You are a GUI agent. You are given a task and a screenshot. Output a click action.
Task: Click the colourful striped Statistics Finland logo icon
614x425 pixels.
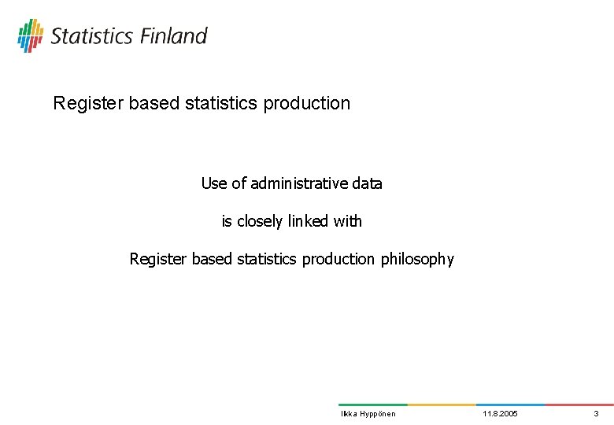coord(30,35)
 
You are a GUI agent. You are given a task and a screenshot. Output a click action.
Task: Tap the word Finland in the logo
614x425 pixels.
coord(174,36)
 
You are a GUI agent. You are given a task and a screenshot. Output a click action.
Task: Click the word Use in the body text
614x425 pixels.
coord(213,183)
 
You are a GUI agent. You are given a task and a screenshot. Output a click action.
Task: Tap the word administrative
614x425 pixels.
coord(298,183)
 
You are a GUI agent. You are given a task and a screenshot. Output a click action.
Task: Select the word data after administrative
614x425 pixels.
coord(366,183)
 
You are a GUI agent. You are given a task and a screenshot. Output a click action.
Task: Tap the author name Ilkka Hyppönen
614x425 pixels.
coord(368,414)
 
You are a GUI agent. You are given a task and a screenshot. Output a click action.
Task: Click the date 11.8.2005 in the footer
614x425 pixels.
coord(500,414)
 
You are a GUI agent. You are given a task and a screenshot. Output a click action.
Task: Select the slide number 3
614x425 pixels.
coord(596,414)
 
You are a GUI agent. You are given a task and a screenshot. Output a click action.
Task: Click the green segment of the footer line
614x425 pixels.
coord(372,405)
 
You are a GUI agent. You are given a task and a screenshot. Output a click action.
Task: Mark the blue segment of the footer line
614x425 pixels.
coord(511,405)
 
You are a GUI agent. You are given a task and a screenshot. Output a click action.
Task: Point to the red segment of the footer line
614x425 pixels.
coord(580,405)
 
